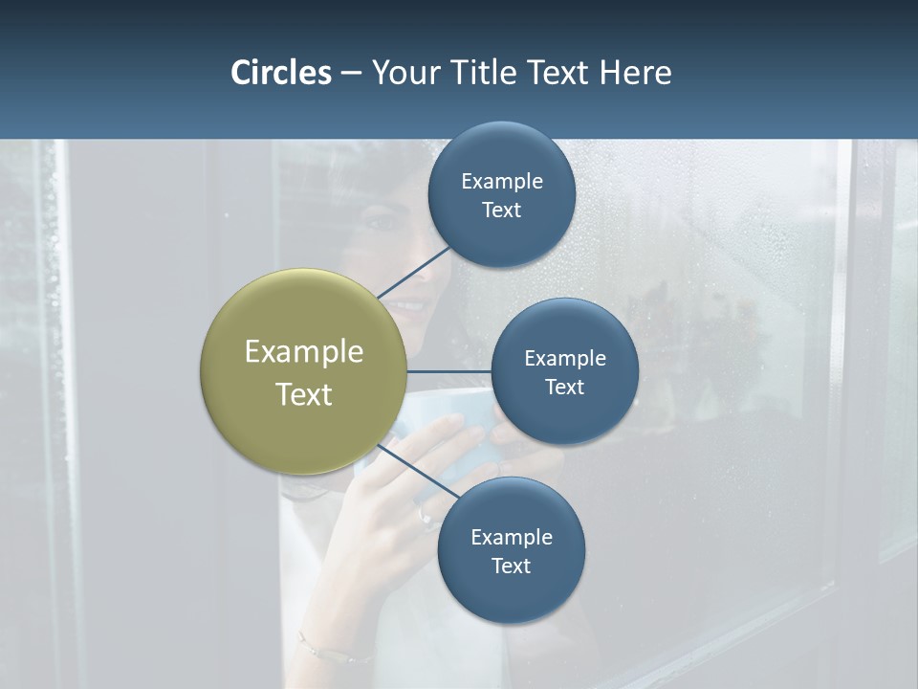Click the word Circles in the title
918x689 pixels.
pyautogui.click(x=280, y=73)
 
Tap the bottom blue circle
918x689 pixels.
pyautogui.click(x=511, y=593)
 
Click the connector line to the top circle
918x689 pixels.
pyautogui.click(x=414, y=273)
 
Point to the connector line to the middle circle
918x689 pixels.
pyautogui.click(x=449, y=371)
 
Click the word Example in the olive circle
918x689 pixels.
pyautogui.click(x=303, y=352)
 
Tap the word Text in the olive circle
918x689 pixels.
pyautogui.click(x=303, y=394)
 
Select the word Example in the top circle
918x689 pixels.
pyautogui.click(x=501, y=182)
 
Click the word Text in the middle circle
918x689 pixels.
pyautogui.click(x=564, y=387)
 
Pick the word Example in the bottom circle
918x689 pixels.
pyautogui.click(x=511, y=537)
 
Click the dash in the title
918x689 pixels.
pyautogui.click(x=351, y=74)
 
